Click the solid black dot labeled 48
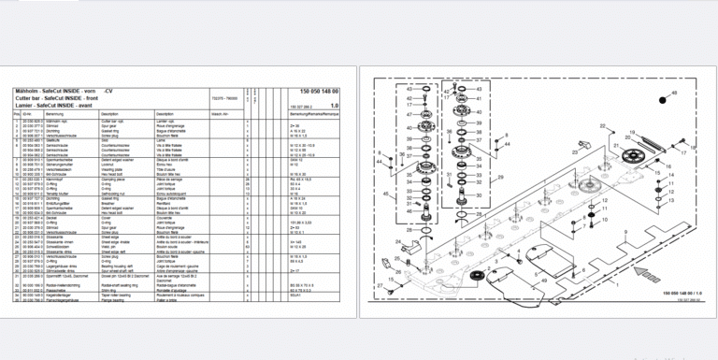coord(660,96)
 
